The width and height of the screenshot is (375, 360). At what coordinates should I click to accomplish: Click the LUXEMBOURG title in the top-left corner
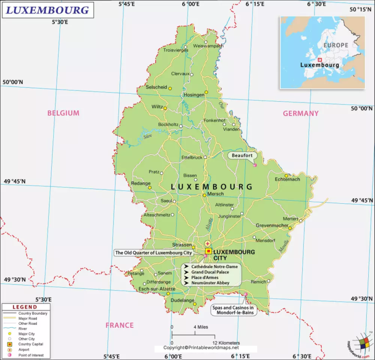pyautogui.click(x=47, y=9)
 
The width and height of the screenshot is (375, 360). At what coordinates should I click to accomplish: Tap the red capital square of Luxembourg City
pyautogui.click(x=208, y=251)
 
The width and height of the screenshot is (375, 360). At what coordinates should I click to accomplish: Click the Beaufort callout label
pyautogui.click(x=242, y=155)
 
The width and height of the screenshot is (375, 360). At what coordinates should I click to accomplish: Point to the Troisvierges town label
pyautogui.click(x=175, y=50)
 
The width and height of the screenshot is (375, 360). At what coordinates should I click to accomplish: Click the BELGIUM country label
pyautogui.click(x=63, y=113)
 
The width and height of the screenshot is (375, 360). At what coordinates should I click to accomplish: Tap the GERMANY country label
pyautogui.click(x=301, y=113)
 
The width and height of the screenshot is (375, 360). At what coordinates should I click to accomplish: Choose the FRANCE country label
pyautogui.click(x=120, y=325)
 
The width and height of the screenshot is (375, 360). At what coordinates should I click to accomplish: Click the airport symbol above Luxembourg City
pyautogui.click(x=208, y=243)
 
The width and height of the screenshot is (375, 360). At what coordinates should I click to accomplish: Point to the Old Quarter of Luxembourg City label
pyautogui.click(x=153, y=253)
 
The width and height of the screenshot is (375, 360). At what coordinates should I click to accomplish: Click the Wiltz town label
pyautogui.click(x=157, y=106)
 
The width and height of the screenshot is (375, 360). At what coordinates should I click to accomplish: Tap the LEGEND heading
pyautogui.click(x=24, y=307)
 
